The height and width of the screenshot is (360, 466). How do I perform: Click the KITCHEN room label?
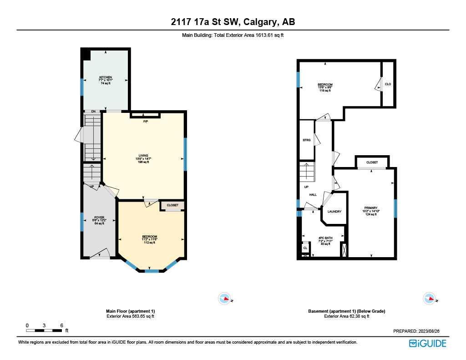click(x=106, y=77)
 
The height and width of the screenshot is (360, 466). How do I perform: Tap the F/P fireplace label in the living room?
click(x=146, y=122)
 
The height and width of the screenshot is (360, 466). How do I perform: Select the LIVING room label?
click(x=144, y=155)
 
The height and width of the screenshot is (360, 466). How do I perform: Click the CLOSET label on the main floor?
click(x=172, y=205)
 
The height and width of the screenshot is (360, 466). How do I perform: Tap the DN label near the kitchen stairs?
click(x=93, y=112)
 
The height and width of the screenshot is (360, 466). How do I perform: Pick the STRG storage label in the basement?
click(x=307, y=140)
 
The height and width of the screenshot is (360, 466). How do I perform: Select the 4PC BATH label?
click(x=325, y=238)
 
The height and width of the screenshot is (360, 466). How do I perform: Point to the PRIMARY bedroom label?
click(x=371, y=208)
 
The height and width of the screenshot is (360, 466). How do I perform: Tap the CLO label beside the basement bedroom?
click(x=388, y=84)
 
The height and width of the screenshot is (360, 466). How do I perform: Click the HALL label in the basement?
click(x=313, y=195)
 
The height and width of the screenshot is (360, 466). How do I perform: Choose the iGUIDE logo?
click(x=427, y=344)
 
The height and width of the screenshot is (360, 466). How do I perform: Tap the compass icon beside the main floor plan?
click(x=225, y=299)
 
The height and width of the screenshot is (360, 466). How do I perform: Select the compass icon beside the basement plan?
click(x=429, y=299)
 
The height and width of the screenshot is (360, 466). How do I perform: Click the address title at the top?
click(x=233, y=22)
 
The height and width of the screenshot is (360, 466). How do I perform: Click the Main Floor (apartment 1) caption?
click(x=130, y=311)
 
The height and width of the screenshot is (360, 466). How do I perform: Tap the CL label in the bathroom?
click(x=305, y=248)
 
